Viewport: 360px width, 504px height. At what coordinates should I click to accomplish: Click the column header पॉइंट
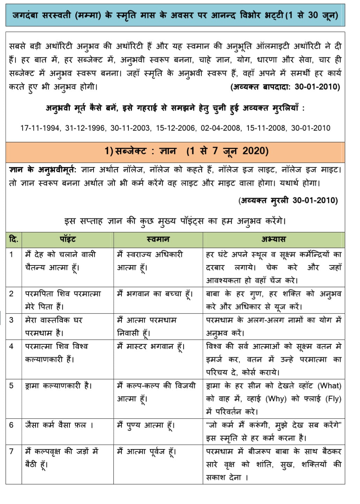pyautogui.click(x=68, y=239)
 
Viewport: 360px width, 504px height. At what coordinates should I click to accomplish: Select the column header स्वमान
pyautogui.click(x=158, y=239)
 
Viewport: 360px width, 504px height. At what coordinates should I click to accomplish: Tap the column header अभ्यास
pyautogui.click(x=273, y=239)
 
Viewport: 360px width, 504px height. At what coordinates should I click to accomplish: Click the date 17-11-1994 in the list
pyautogui.click(x=40, y=128)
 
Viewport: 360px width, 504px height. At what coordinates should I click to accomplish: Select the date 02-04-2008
pyautogui.click(x=220, y=128)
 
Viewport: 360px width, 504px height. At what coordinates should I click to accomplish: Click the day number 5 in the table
pyautogui.click(x=12, y=386)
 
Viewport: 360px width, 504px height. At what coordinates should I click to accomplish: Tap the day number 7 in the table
pyautogui.click(x=12, y=451)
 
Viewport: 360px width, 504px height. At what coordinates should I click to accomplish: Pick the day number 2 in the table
pyautogui.click(x=12, y=294)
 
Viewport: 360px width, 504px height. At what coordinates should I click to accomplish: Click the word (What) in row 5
pyautogui.click(x=329, y=386)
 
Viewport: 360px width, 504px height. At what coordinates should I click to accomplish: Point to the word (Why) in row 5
pyautogui.click(x=276, y=399)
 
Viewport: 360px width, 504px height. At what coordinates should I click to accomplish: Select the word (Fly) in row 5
pyautogui.click(x=333, y=399)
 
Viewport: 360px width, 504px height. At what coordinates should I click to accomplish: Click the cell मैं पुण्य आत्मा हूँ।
pyautogui.click(x=146, y=425)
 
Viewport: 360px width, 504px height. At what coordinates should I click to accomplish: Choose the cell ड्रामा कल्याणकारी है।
pyautogui.click(x=59, y=386)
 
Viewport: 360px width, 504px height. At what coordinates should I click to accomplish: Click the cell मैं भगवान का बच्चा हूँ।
pyautogui.click(x=155, y=294)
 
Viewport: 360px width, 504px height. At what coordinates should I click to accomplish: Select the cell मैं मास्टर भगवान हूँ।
pyautogui.click(x=151, y=347)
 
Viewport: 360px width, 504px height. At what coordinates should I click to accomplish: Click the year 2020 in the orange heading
pyautogui.click(x=255, y=151)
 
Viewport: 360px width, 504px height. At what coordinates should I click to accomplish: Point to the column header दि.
pyautogui.click(x=14, y=239)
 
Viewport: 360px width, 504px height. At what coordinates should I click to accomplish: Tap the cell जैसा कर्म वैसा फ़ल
pyautogui.click(x=59, y=425)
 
